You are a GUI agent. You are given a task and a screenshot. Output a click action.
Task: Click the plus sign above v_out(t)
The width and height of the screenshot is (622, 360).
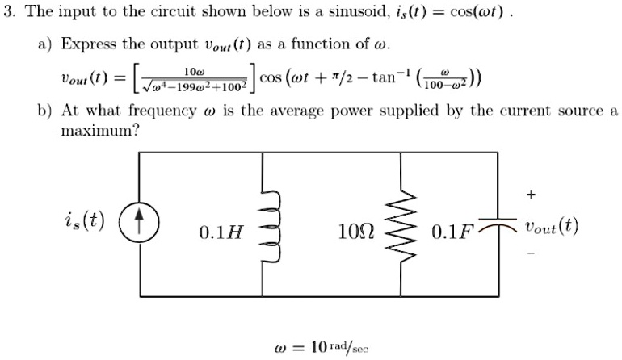point(531,195)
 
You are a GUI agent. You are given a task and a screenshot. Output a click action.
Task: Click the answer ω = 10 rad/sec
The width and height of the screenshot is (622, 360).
point(322,347)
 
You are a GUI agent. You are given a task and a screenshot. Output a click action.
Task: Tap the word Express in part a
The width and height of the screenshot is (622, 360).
point(86,44)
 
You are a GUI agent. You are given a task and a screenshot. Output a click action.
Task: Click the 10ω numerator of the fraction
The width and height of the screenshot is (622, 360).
point(194,70)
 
